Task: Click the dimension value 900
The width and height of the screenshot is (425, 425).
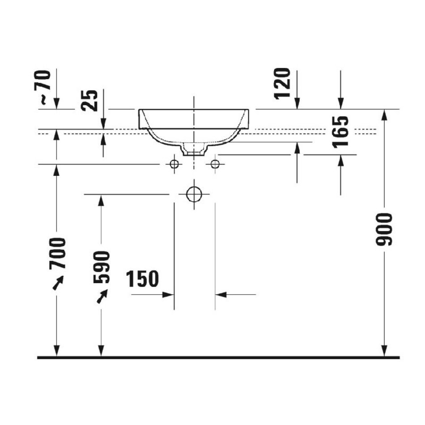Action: coord(384,229)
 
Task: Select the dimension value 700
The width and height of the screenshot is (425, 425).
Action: coord(57,253)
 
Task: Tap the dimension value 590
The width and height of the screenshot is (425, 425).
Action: coord(102,267)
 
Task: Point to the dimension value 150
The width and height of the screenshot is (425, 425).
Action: coord(142,279)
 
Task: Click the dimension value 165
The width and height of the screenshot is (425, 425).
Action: coord(340,132)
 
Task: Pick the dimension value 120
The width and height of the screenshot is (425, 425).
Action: coord(282,84)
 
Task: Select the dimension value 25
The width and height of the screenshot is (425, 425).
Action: coord(89,100)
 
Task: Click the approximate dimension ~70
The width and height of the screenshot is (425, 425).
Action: coord(45,87)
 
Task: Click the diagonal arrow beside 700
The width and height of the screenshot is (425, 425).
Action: coord(58,283)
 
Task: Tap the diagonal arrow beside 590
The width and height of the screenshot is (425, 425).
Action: coord(102,296)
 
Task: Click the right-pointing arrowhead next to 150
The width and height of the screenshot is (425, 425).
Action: coord(168,295)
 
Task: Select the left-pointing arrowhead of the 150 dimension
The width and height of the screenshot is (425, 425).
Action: coord(221,295)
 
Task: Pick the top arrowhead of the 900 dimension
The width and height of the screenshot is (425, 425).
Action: coord(384,115)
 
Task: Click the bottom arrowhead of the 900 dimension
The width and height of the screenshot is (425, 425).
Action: coord(384,351)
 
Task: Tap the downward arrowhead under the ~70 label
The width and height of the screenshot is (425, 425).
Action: coord(56,103)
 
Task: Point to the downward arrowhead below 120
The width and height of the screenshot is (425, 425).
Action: coord(297,103)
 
